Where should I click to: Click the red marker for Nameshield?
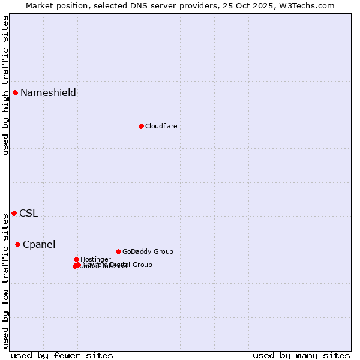(15, 92)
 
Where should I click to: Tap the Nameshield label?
(48, 92)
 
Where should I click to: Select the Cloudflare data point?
(141, 126)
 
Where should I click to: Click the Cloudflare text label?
(161, 126)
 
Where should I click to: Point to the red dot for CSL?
(14, 213)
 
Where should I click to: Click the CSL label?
(28, 213)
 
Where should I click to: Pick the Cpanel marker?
(17, 244)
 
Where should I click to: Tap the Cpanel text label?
(39, 244)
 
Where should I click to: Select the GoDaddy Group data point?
(118, 251)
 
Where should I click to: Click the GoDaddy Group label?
(148, 251)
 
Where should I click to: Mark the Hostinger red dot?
(76, 259)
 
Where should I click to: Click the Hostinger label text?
(95, 259)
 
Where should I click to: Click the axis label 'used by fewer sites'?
(62, 355)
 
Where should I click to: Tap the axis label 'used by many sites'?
(301, 355)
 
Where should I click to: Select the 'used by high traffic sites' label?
(5, 86)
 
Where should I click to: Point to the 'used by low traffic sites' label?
(5, 281)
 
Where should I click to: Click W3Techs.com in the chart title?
(310, 5)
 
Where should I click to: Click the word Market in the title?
(39, 5)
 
